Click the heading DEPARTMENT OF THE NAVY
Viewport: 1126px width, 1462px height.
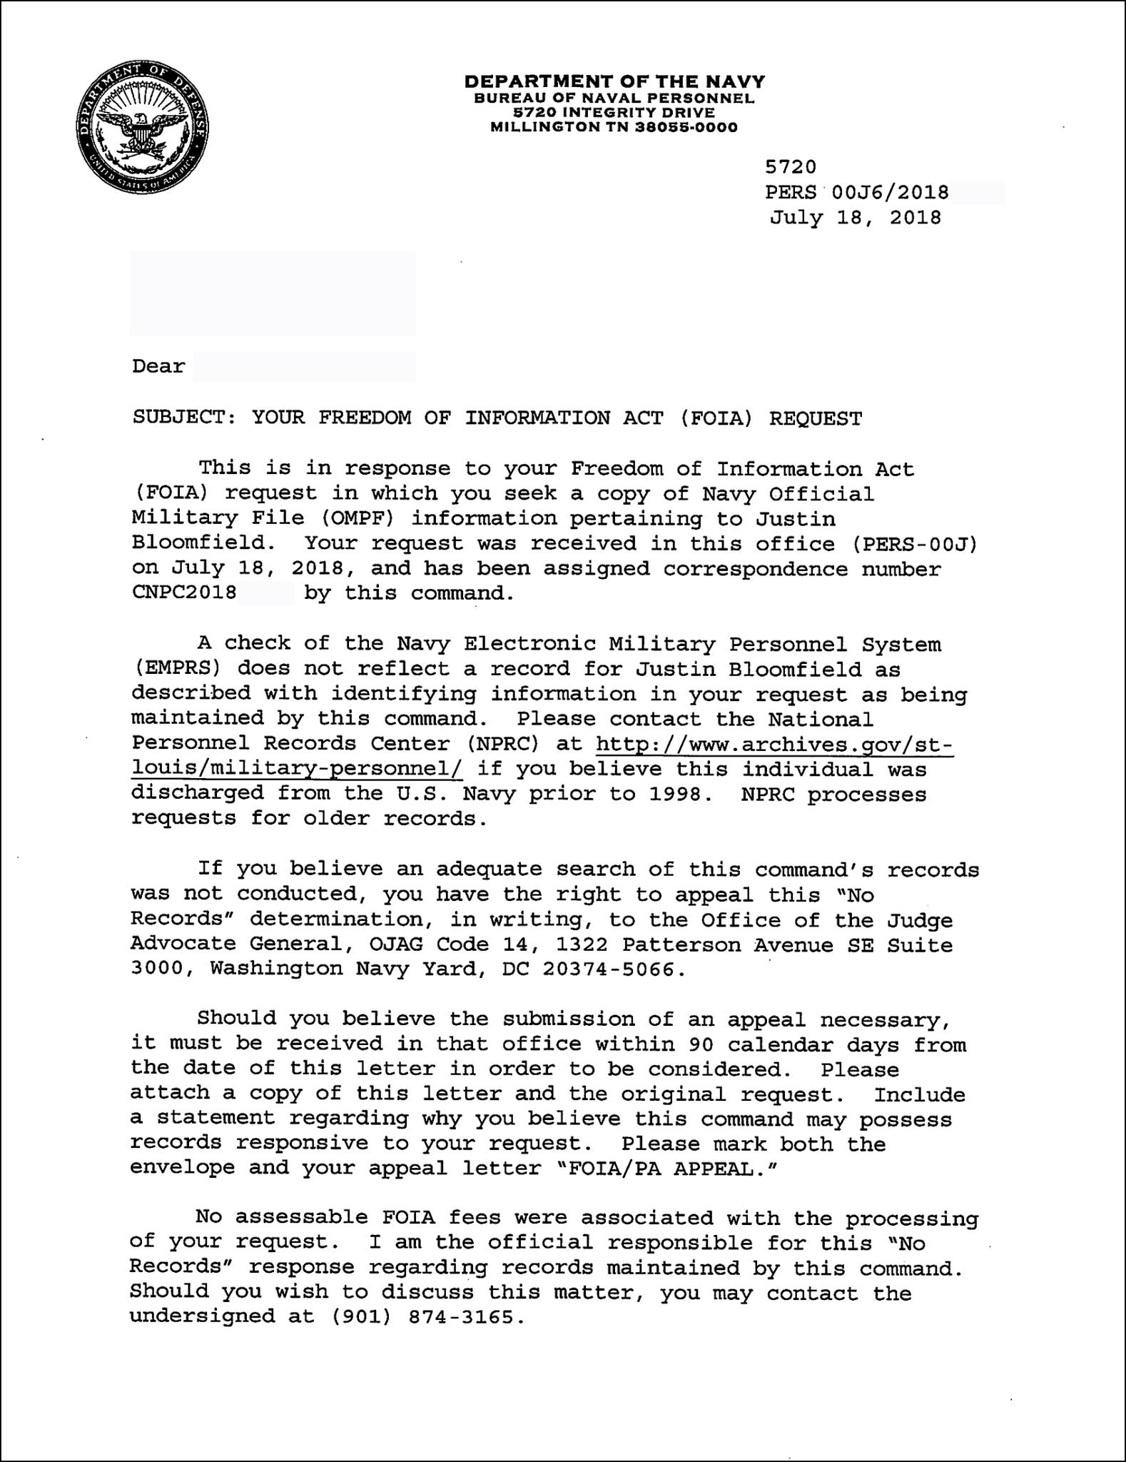pyautogui.click(x=614, y=81)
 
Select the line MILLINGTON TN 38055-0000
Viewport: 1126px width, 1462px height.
pyautogui.click(x=614, y=128)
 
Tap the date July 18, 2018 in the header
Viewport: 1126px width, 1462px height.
pyautogui.click(x=855, y=218)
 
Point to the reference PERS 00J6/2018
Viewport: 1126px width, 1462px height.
pyautogui.click(x=856, y=192)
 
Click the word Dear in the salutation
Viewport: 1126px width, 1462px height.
pyautogui.click(x=158, y=366)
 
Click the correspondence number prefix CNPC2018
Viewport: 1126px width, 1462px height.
pyautogui.click(x=184, y=593)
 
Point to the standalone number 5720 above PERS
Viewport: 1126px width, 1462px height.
pyautogui.click(x=791, y=167)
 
